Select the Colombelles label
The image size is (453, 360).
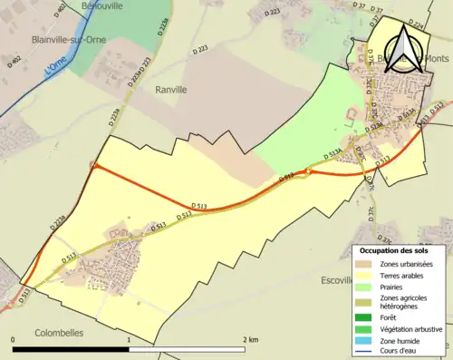(x=57, y=332)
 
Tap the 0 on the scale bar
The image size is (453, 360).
(x=14, y=339)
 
